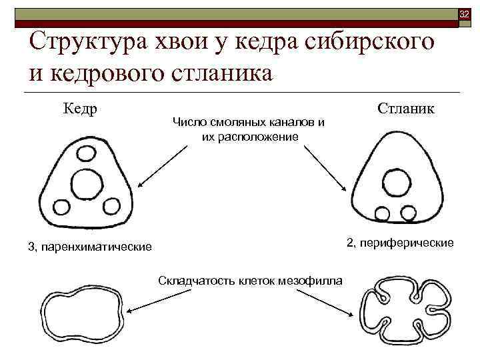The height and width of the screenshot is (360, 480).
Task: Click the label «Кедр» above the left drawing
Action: [81, 107]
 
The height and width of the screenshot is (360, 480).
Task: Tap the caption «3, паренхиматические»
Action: [90, 247]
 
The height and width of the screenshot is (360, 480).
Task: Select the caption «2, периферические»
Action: [399, 242]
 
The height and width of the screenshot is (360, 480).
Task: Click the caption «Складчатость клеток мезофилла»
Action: [250, 279]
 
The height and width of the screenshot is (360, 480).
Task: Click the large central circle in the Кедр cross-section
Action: [87, 183]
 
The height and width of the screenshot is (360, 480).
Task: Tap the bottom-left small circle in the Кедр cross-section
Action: [61, 206]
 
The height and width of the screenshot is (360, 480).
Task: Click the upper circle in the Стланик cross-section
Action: [391, 181]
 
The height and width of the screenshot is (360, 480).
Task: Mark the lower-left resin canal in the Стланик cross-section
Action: [382, 213]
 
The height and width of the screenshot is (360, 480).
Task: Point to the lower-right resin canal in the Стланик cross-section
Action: [406, 213]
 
